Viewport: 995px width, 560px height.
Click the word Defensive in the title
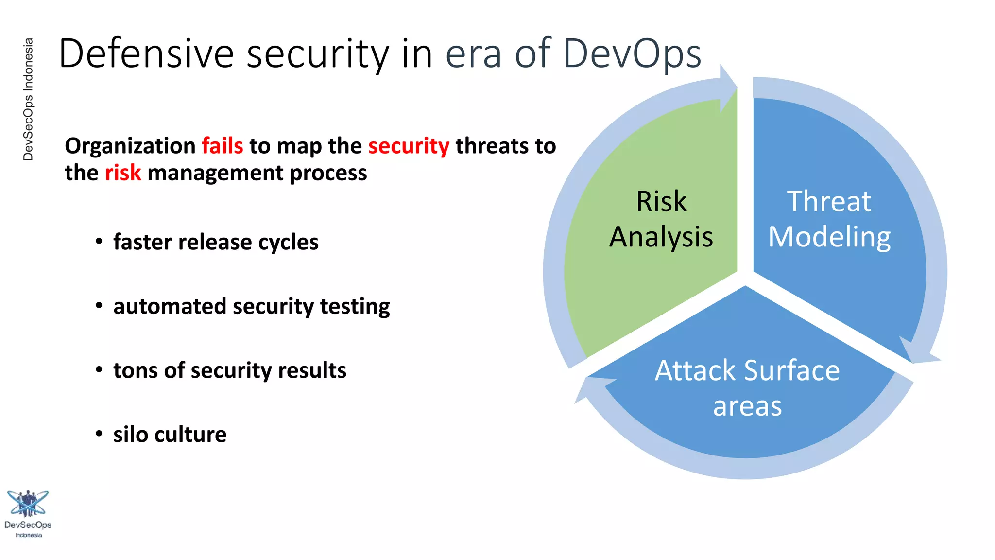tap(146, 53)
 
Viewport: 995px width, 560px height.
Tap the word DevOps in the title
tap(632, 53)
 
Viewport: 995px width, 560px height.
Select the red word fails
tap(222, 146)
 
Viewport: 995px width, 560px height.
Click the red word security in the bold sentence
tap(409, 146)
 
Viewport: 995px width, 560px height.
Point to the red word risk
tap(123, 173)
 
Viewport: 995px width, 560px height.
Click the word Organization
tap(130, 146)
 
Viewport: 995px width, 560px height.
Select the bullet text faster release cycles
tap(216, 242)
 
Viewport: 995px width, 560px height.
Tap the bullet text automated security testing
tap(251, 306)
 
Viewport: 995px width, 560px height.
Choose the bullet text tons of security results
tap(230, 370)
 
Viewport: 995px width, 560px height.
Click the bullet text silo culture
tap(170, 435)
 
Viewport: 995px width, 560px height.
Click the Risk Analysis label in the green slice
tap(661, 219)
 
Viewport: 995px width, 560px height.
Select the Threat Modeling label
tap(829, 219)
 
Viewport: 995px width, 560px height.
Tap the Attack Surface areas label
tap(747, 388)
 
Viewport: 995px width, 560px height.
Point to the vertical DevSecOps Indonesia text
tap(28, 100)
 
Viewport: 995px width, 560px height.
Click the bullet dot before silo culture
tap(99, 434)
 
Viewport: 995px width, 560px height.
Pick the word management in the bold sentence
tap(215, 173)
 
